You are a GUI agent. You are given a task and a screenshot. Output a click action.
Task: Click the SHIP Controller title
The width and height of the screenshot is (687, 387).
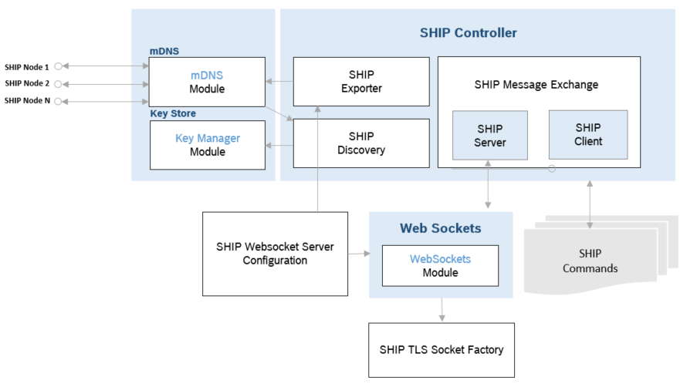[468, 33]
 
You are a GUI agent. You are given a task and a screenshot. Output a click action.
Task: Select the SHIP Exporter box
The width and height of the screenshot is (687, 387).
[361, 81]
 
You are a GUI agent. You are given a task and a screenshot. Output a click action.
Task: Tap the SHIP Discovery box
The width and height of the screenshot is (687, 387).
[361, 143]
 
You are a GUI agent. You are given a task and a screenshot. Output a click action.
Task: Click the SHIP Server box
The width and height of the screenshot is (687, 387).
[489, 135]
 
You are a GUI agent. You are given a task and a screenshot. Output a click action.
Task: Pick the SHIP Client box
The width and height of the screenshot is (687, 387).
[587, 134]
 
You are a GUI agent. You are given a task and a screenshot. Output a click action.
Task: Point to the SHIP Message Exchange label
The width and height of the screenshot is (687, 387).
[536, 85]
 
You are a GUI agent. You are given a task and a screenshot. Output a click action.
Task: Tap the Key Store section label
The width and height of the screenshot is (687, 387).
[172, 113]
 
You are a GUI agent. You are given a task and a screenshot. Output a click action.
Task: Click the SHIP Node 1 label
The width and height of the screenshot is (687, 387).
[27, 67]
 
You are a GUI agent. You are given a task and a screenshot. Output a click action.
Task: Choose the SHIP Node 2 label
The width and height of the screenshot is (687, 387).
[27, 83]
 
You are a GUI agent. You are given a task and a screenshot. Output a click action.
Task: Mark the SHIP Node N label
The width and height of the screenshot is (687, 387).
[27, 100]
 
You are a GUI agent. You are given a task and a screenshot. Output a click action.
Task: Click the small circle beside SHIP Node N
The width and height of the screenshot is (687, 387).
[58, 101]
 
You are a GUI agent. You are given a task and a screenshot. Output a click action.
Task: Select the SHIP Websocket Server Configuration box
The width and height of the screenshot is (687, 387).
[274, 254]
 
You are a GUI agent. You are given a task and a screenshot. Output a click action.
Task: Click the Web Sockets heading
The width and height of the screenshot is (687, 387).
[440, 228]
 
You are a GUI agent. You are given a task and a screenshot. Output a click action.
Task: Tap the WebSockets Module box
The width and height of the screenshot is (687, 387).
[440, 266]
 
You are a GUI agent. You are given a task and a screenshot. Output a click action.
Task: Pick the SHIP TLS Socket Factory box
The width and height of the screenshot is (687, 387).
[441, 349]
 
